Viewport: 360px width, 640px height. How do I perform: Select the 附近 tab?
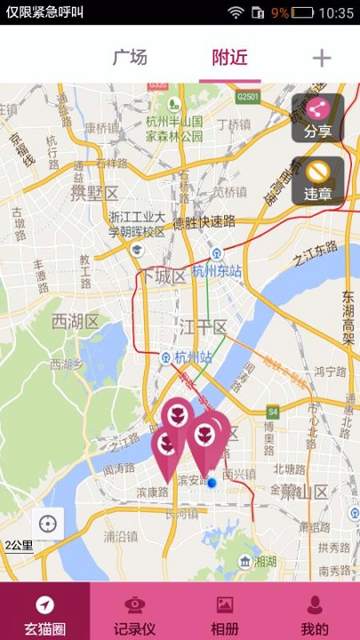229,59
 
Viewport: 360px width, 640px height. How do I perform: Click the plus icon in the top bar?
321,59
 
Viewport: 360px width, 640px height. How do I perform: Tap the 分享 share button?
318,118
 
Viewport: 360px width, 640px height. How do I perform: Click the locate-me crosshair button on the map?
47,524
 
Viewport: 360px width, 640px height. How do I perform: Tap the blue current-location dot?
212,483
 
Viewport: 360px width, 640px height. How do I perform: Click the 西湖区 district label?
75,320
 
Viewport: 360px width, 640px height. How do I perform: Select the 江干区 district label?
204,327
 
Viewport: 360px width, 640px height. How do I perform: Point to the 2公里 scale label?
19,545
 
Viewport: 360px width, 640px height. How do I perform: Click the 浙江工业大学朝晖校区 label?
137,224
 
